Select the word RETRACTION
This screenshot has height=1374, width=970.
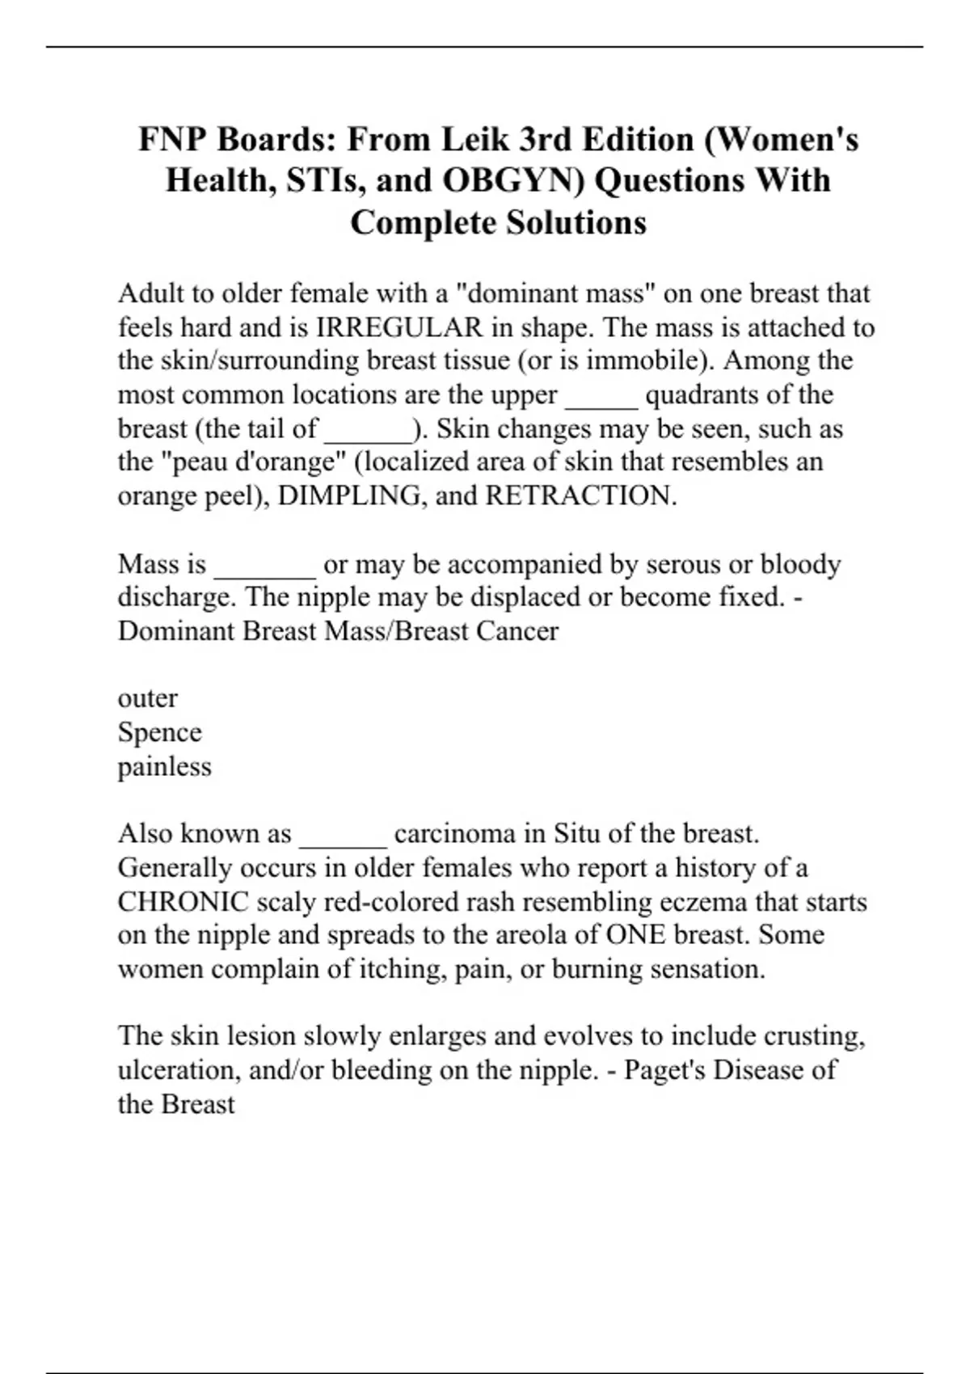pos(580,495)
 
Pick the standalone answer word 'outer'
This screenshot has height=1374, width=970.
pos(147,698)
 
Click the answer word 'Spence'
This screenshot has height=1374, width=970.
pos(159,732)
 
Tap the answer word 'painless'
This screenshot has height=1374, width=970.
pos(164,766)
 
